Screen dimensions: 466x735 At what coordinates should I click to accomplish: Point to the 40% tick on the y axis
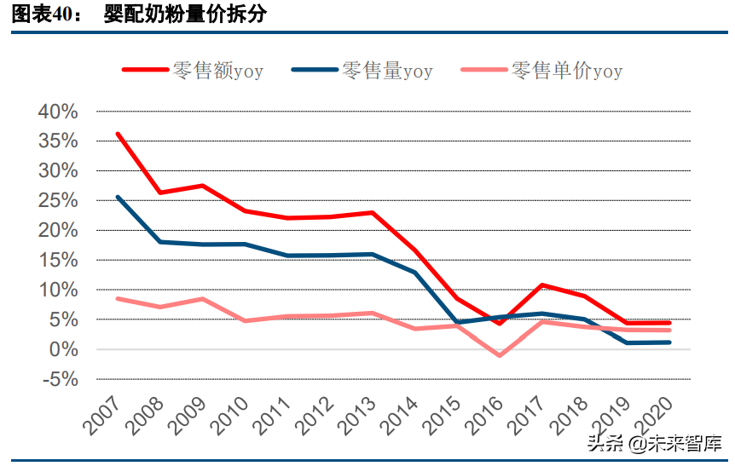58,112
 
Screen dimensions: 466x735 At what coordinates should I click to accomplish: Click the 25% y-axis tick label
58,201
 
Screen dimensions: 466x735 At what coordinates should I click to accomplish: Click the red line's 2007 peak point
118,134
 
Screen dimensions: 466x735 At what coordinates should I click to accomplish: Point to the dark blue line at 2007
118,197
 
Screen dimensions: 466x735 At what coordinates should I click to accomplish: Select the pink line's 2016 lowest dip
500,355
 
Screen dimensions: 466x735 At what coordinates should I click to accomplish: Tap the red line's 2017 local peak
542,285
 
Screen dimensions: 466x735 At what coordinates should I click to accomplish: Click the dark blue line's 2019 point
628,342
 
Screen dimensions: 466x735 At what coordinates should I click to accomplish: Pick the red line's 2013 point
373,212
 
